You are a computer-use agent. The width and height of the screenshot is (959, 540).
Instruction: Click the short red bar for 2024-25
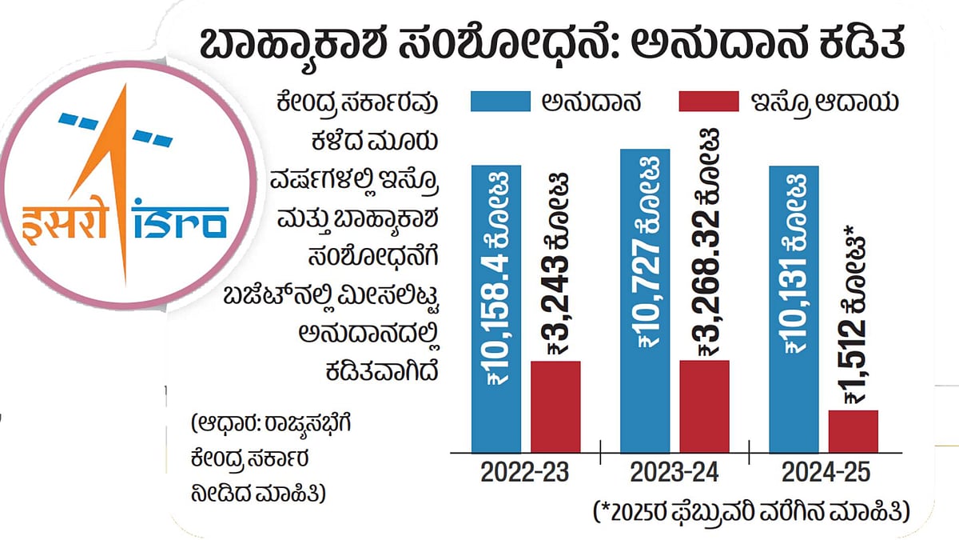(853, 431)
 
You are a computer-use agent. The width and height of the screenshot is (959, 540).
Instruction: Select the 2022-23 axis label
(524, 473)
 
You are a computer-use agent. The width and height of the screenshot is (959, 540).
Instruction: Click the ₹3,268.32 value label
(707, 240)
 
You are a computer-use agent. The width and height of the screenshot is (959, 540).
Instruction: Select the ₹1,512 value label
(854, 312)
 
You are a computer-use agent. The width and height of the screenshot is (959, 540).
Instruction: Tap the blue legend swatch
(500, 102)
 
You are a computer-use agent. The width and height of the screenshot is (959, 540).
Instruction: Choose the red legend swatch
(707, 102)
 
